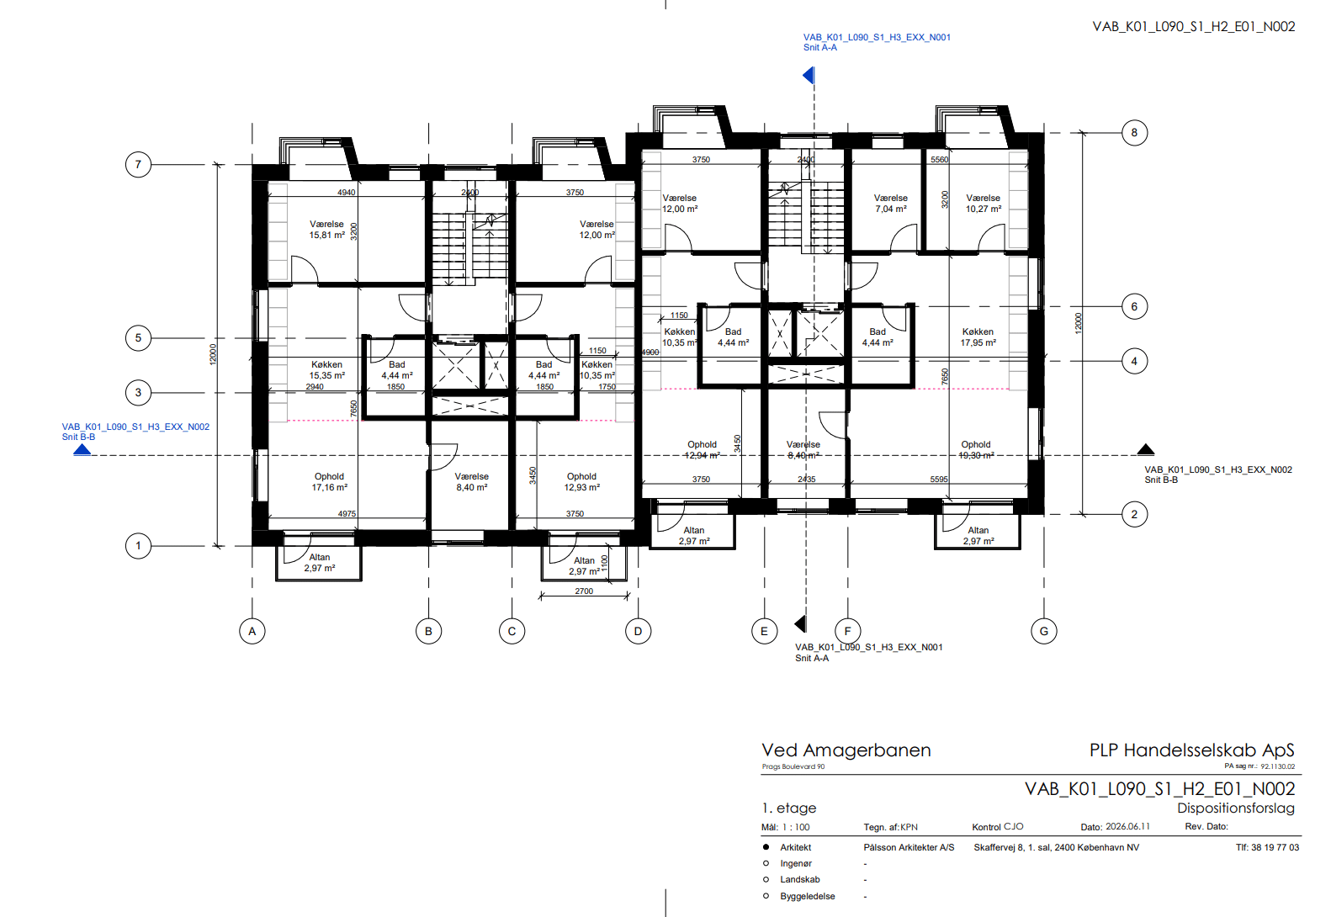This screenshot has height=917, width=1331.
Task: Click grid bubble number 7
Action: [x=139, y=165]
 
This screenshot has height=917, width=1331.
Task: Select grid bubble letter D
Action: [x=639, y=631]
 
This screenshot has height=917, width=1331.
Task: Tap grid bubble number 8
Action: [x=1134, y=133]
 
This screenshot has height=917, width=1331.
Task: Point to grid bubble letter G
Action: [x=1044, y=631]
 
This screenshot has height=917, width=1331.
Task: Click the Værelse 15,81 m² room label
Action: [x=326, y=230]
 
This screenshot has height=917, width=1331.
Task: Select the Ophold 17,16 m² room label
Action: [x=329, y=482]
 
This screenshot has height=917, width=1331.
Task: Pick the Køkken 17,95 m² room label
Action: [x=978, y=337]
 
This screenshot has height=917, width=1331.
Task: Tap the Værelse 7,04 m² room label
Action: [x=891, y=204]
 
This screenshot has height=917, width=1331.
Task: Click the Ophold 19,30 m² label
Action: [x=976, y=450]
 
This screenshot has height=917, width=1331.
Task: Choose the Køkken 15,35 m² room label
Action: [x=326, y=369]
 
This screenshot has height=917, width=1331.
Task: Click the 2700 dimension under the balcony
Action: [x=584, y=591]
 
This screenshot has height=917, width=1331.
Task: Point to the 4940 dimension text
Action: [x=347, y=192]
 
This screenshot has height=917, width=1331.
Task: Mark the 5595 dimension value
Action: [x=939, y=479]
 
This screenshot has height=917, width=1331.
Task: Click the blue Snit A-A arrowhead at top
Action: [x=808, y=75]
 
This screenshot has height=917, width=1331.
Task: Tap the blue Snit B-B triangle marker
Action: [x=82, y=449]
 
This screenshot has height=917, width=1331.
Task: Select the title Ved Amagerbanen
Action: [x=846, y=750]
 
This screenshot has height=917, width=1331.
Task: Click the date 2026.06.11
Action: [x=1127, y=826]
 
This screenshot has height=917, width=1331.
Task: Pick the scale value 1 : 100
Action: [x=796, y=827]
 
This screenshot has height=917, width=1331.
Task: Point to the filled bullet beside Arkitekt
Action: [x=766, y=847]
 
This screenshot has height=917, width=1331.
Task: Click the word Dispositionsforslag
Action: [x=1236, y=808]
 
